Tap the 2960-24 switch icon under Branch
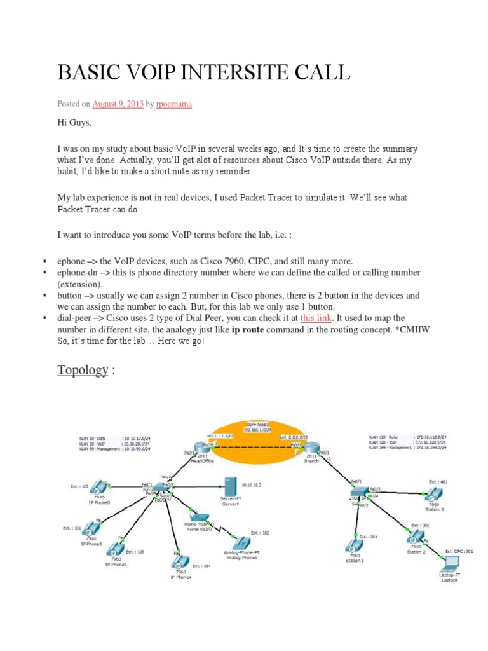point(358,493)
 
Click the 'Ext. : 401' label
point(438,482)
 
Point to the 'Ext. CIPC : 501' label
point(458,551)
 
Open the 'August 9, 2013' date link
point(118,104)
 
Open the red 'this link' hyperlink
point(315,318)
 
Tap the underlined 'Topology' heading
point(83,370)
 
